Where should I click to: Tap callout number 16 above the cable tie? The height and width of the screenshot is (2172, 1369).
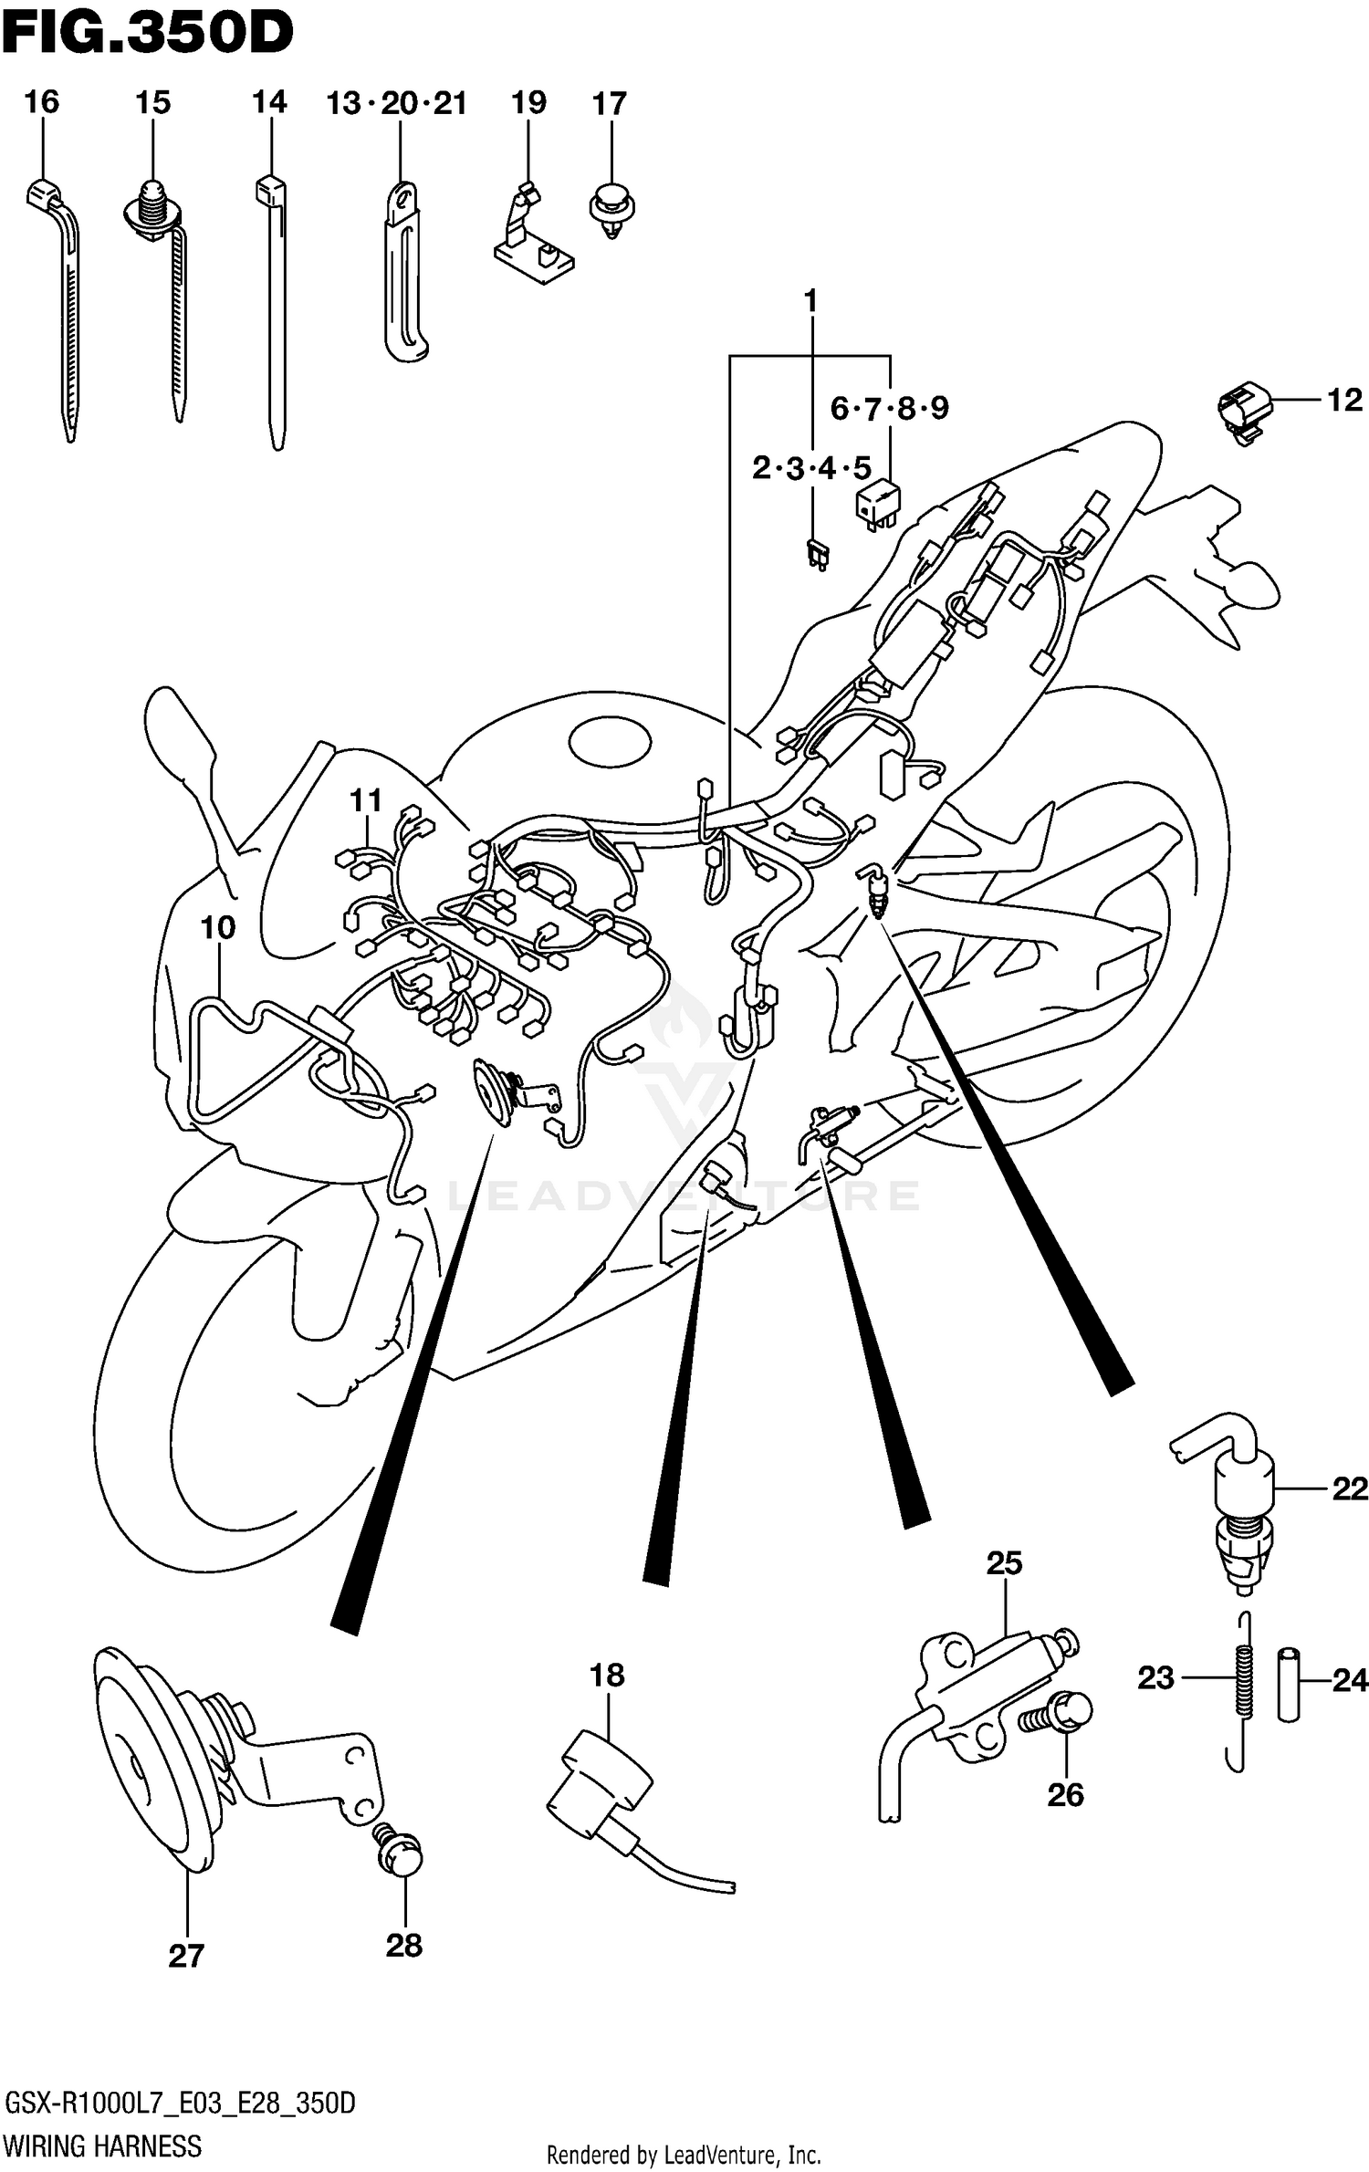click(x=41, y=102)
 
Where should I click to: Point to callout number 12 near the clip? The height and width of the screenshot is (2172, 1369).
click(x=1343, y=400)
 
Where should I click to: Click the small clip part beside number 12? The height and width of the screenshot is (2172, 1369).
click(x=1244, y=412)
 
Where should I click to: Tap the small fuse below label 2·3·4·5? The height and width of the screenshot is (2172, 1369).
click(x=816, y=554)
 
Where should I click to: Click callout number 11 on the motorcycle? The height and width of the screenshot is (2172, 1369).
click(x=366, y=801)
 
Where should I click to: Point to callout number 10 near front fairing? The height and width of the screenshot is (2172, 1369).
click(x=217, y=928)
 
